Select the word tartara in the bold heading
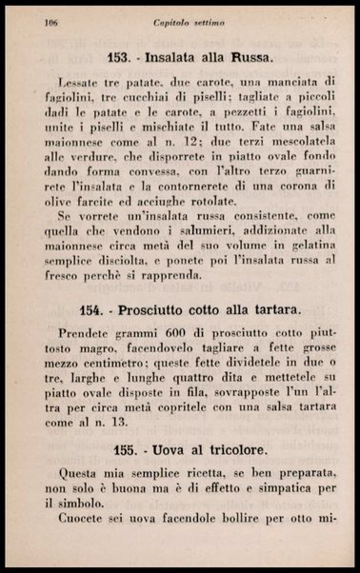pos(275,310)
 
